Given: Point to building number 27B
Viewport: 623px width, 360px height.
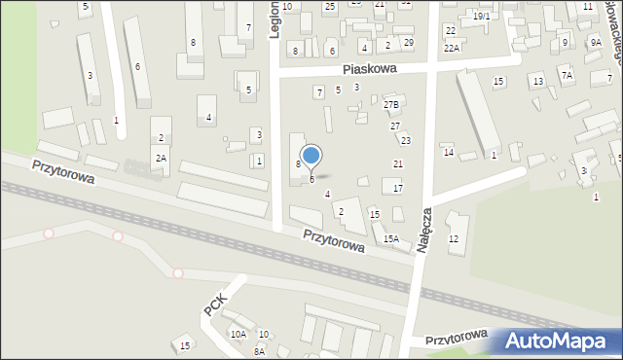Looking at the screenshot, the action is tap(391, 104).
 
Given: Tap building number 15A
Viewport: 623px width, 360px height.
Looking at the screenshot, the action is tap(390, 238).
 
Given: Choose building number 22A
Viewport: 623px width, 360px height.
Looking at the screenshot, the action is tap(452, 48).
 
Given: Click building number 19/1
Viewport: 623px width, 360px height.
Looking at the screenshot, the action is tap(482, 17).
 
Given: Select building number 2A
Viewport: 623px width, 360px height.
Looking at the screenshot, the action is tap(161, 158).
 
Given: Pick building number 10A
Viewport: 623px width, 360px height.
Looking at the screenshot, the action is tap(238, 334).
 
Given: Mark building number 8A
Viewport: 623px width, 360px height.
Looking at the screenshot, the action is tap(259, 351).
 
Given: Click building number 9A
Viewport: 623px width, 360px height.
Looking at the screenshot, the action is tap(595, 44).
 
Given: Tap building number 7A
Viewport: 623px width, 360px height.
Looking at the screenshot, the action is tap(567, 75).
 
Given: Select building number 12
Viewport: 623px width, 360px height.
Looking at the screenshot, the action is tap(453, 239).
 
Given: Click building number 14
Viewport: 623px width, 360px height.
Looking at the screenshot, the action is tap(449, 152).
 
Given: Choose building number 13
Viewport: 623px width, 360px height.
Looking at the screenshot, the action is tap(537, 81).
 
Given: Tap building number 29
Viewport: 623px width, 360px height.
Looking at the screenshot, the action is tap(408, 43).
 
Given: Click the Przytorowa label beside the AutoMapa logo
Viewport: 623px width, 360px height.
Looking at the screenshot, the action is tap(456, 337).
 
